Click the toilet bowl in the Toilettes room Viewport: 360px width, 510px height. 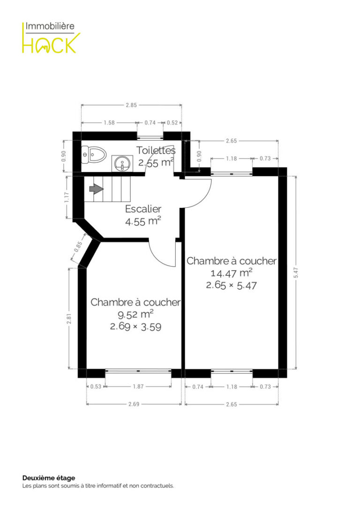(94, 155)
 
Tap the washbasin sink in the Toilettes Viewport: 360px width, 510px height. (122, 163)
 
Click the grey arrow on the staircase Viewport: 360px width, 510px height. (96, 189)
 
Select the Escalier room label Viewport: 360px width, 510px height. (143, 209)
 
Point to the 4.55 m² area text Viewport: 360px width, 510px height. (143, 221)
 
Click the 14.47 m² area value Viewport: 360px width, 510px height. (232, 273)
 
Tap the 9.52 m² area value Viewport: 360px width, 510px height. (135, 314)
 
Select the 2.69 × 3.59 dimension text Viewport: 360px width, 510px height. (135, 326)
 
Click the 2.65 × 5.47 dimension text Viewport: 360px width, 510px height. (232, 285)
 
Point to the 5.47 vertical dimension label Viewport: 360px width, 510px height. (296, 273)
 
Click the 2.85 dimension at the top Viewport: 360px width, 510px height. (131, 105)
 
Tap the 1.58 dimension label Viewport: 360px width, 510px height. (109, 122)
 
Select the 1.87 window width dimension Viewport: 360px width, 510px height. (138, 387)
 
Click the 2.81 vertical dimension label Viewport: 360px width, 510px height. (68, 319)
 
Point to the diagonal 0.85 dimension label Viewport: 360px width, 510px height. (78, 246)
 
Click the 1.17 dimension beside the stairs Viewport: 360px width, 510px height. (67, 198)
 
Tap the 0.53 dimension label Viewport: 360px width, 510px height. (96, 387)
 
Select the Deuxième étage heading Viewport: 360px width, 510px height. (49, 478)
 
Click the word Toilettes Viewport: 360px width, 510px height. (156, 150)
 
